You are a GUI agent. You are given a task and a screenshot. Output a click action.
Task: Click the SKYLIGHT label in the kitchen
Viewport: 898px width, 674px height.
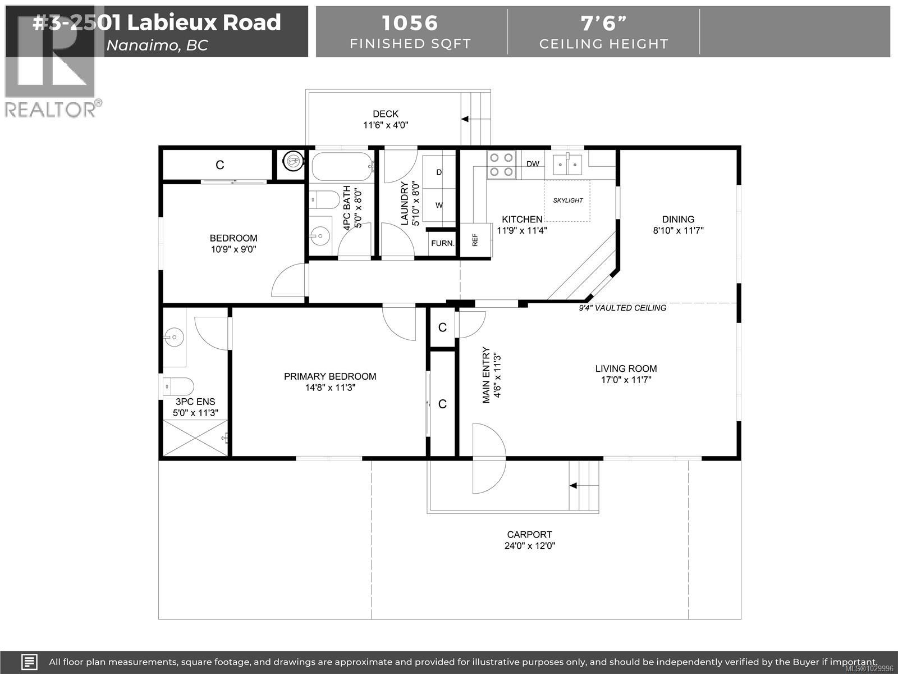(x=568, y=201)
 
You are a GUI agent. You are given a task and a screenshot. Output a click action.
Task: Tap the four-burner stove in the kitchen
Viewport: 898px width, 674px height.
(x=501, y=165)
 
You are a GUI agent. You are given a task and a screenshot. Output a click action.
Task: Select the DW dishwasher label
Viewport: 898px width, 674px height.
(x=533, y=164)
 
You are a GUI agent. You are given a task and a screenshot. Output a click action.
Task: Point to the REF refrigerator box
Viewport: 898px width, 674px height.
(x=475, y=240)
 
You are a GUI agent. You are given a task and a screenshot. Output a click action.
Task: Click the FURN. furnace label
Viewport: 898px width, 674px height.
(x=442, y=243)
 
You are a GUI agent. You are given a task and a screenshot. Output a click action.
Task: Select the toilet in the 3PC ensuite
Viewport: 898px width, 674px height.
(x=178, y=386)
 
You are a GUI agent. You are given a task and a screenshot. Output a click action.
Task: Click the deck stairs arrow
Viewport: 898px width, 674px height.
(x=465, y=119)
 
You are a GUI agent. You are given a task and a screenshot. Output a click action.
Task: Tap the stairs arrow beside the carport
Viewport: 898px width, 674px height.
(x=574, y=485)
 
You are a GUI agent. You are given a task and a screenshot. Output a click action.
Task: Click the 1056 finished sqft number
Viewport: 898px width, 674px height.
(x=410, y=23)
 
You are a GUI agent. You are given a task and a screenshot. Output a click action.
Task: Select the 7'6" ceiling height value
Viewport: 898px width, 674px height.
(x=604, y=23)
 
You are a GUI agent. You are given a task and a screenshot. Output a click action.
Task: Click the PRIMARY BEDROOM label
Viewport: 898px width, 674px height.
(x=330, y=376)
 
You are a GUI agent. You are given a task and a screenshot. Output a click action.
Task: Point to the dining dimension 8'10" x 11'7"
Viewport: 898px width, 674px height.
(x=678, y=230)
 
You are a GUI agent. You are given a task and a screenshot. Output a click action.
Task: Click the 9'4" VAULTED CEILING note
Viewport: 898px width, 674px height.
(x=622, y=308)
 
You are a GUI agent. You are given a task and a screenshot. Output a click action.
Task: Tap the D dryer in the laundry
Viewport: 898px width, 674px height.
(x=439, y=172)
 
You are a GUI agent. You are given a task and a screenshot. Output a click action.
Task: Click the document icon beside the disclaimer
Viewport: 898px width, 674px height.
(x=30, y=662)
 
